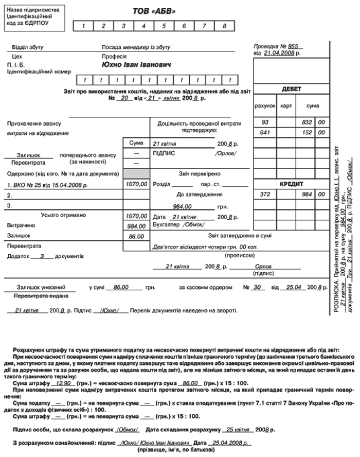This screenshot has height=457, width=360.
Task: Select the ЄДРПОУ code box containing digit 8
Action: click(224, 26)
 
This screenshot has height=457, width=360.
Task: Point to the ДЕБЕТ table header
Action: click(292, 89)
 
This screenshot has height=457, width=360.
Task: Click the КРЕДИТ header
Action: click(292, 183)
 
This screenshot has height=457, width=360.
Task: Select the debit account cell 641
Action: click(265, 132)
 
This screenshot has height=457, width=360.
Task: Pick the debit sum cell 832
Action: click(307, 122)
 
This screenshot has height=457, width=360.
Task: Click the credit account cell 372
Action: click(265, 194)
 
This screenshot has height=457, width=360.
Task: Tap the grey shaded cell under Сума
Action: click(136, 173)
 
